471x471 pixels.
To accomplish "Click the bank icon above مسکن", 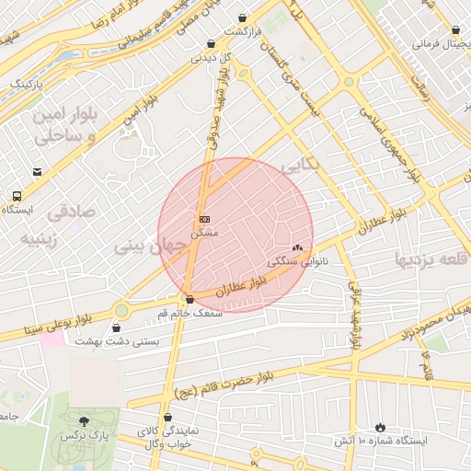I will point(204,219).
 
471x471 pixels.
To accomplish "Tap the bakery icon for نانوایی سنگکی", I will point(297,247).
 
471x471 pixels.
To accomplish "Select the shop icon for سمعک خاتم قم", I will point(190,299).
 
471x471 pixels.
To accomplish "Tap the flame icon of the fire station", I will point(381,427).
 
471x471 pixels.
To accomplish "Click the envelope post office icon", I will point(37,172).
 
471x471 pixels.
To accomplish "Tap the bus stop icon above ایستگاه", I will point(17,195).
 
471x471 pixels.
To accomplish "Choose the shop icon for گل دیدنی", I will point(212,43).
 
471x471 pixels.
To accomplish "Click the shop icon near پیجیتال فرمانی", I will point(455,29).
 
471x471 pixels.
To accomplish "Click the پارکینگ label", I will point(27,84).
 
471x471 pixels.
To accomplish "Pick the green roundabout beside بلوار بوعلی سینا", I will point(121,309).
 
